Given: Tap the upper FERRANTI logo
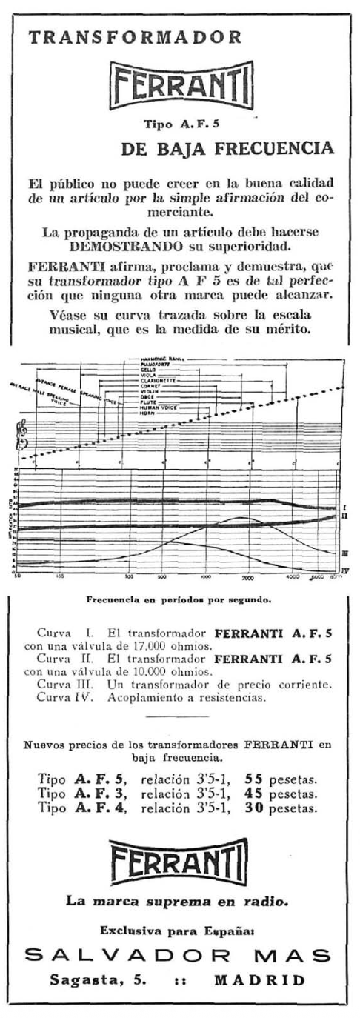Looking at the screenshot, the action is point(181,81).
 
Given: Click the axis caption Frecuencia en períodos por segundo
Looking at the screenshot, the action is point(181,594).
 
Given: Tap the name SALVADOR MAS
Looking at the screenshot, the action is point(179,957).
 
